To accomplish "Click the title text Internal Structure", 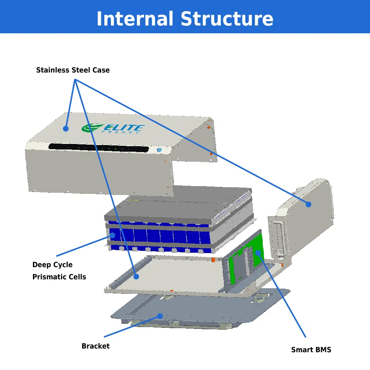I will [x=185, y=19].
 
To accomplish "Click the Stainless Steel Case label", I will [x=73, y=70].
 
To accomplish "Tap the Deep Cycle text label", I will [x=53, y=265].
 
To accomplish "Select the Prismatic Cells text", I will [x=59, y=277].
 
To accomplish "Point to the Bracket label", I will [x=95, y=346].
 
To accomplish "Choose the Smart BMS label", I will [x=311, y=350].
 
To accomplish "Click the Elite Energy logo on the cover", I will [x=113, y=128].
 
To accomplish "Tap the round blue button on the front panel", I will [x=159, y=150].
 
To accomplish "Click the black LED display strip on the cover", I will [x=98, y=148].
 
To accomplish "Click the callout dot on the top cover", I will [x=65, y=128].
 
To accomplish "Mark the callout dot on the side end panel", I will [x=308, y=204].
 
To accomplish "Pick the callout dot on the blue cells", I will [x=112, y=235].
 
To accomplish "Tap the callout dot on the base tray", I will [x=136, y=276].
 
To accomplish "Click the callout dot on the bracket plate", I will [x=160, y=316].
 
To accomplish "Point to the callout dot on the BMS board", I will [x=258, y=253].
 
